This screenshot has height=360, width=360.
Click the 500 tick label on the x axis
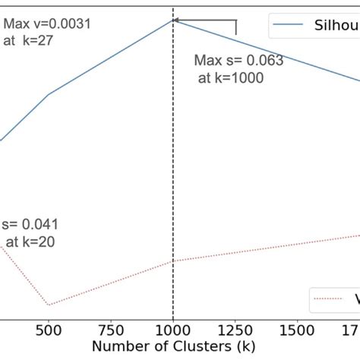49,332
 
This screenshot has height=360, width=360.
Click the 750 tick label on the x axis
111,332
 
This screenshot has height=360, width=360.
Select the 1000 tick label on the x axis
173,332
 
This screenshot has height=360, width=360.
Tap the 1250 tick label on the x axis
235,332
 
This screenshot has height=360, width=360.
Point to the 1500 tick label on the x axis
298,332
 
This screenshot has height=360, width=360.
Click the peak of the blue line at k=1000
173,20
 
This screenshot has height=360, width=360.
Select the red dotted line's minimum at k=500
49,305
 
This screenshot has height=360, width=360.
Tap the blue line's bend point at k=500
49,95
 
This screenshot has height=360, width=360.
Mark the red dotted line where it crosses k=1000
173,261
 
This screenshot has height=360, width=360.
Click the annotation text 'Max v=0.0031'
47,24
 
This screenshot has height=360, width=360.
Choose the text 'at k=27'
29,40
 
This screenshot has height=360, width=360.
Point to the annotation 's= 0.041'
30,225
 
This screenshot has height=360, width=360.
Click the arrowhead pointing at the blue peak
177,21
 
